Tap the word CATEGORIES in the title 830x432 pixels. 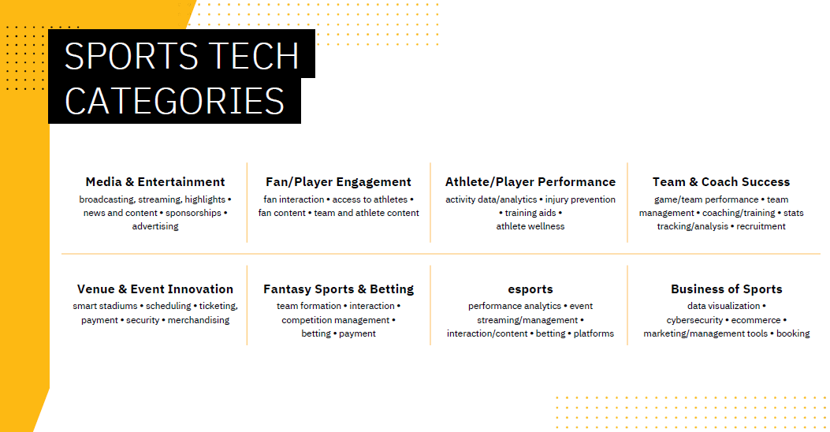pos(174,101)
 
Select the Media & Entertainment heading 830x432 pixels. pos(155,182)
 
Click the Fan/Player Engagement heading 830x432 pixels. pos(338,182)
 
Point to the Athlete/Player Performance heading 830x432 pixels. pos(530,182)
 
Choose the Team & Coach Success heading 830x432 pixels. pos(721,182)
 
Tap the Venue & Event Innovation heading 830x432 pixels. pos(155,289)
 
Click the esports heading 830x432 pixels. pos(530,289)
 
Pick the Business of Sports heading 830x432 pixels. pos(726,289)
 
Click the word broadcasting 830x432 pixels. pos(106,199)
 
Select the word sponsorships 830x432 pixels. pos(193,213)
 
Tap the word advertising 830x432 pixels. pos(155,226)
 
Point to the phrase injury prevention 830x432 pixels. pos(580,199)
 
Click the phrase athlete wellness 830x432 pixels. pos(530,226)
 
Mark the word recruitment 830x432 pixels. pos(761,226)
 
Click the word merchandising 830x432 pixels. pos(199,320)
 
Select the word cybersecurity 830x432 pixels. pos(694,320)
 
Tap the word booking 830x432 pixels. pos(793,333)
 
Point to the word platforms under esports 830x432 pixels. pos(594,333)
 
